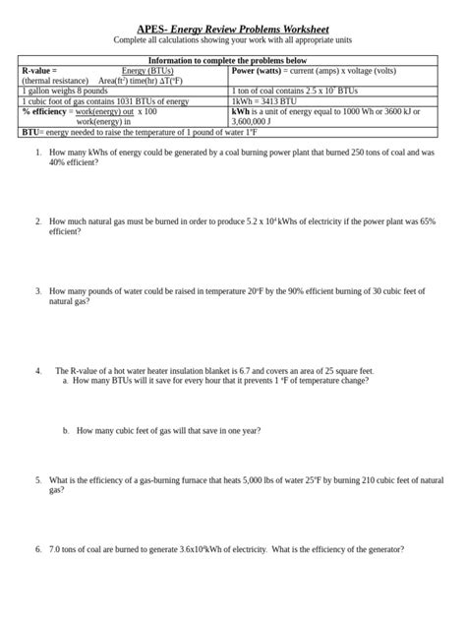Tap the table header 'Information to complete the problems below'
click(x=233, y=61)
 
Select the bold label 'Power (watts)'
click(x=257, y=71)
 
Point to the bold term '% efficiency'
click(x=46, y=111)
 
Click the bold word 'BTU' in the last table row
click(x=30, y=133)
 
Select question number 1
click(x=37, y=153)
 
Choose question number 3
click(x=37, y=291)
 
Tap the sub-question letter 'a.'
click(x=65, y=380)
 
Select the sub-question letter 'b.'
click(x=65, y=430)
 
